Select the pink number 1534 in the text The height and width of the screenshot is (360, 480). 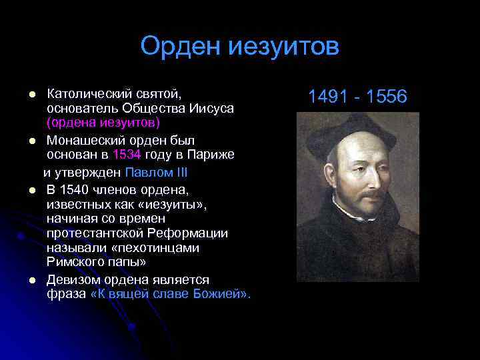point(127,155)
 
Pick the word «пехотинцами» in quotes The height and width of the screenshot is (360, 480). point(159,248)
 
